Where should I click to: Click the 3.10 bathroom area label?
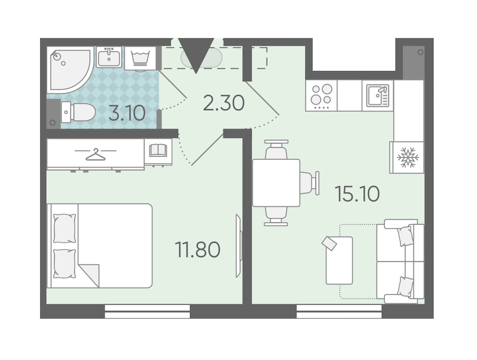tap(127, 113)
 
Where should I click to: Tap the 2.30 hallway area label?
tap(224, 103)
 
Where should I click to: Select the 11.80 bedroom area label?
tap(198, 250)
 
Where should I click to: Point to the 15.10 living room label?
tap(357, 194)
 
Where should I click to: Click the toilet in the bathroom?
tap(78, 112)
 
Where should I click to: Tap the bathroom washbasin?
tap(109, 57)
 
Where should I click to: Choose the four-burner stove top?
tap(322, 95)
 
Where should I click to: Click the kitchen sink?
tap(378, 95)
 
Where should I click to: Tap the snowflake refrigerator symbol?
tap(408, 157)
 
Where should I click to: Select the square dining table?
tap(276, 183)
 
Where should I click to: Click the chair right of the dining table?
tap(310, 182)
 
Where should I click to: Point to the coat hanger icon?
tap(95, 154)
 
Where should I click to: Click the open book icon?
tap(158, 151)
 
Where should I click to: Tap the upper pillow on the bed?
tap(65, 228)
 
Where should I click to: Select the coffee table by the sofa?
tap(339, 260)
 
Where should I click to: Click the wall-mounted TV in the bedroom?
tap(239, 245)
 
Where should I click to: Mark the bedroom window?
tap(147, 311)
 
